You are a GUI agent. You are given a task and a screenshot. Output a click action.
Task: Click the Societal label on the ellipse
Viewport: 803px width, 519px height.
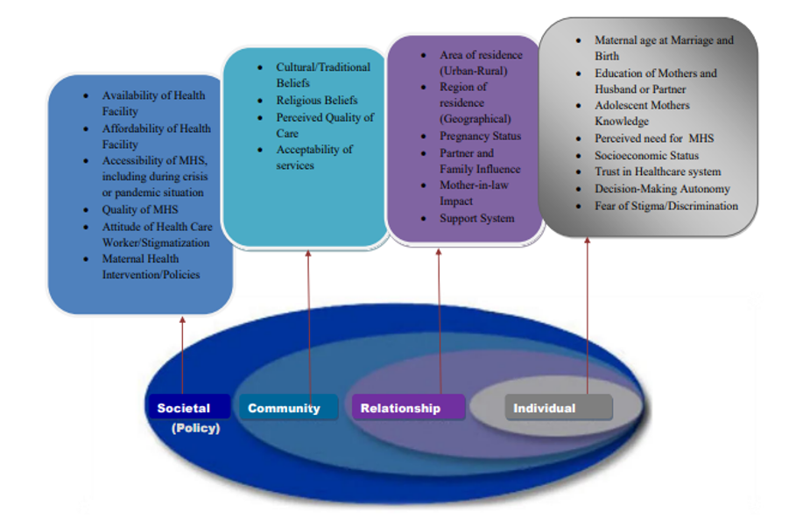[184, 408]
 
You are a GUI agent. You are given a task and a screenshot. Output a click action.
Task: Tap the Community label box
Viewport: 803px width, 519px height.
[284, 408]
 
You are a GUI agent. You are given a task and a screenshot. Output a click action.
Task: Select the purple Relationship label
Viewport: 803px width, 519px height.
[400, 408]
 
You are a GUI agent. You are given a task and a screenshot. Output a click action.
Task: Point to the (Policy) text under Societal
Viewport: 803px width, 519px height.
[196, 428]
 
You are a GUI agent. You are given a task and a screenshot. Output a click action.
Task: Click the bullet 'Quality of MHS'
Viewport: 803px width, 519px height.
[140, 209]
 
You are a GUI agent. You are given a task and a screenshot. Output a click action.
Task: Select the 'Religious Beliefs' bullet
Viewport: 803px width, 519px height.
[316, 100]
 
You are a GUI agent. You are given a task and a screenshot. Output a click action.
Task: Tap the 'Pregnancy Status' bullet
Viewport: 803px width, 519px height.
[480, 136]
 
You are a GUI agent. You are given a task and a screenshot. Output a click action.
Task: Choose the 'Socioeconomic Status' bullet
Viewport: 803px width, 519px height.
[646, 155]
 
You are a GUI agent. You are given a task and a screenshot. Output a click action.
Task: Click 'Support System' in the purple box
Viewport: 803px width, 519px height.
[476, 218]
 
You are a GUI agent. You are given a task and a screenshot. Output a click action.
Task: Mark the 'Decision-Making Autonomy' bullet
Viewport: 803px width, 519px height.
[662, 189]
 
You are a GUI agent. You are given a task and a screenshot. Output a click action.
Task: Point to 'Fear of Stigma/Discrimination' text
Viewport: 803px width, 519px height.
[666, 206]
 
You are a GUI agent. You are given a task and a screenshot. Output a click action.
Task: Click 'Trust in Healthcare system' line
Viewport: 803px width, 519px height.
[658, 172]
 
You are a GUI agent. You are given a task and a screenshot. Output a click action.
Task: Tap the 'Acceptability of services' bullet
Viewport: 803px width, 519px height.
[314, 158]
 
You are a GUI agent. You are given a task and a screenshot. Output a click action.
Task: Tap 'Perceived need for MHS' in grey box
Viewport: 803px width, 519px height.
[654, 138]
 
